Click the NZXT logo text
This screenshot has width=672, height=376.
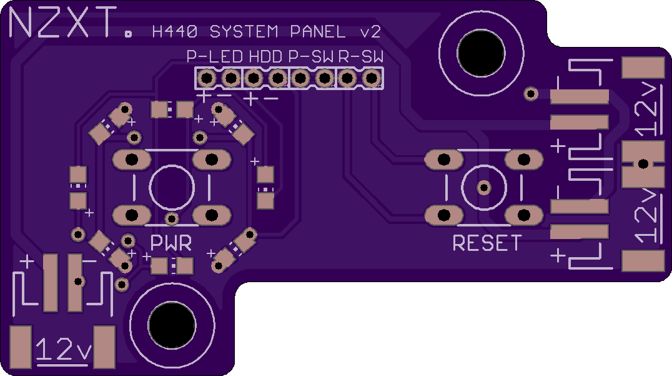coord(62,25)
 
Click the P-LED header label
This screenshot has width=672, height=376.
coord(214,57)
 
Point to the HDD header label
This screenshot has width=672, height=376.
coord(266,57)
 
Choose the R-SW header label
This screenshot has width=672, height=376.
coord(361,57)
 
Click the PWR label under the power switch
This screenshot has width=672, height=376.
coord(171,243)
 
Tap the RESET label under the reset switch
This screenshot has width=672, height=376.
coord(487,243)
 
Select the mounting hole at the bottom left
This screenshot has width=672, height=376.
coord(171,325)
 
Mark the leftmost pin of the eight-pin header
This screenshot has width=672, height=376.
coord(206,79)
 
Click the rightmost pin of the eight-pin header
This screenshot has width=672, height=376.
coord(372,79)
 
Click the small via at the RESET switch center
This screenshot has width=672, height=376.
coord(483,187)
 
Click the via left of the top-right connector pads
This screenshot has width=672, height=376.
coord(531,94)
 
